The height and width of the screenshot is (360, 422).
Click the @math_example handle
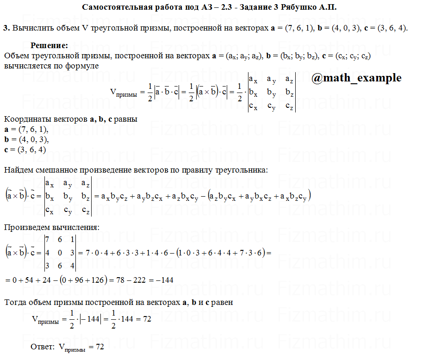pyautogui.click(x=356, y=78)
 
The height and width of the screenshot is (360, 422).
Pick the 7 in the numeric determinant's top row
pyautogui.click(x=47, y=240)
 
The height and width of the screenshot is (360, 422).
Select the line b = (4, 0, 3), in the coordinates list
pyautogui.click(x=26, y=139)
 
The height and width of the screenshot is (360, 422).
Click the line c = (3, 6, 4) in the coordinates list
pyautogui.click(x=25, y=149)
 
